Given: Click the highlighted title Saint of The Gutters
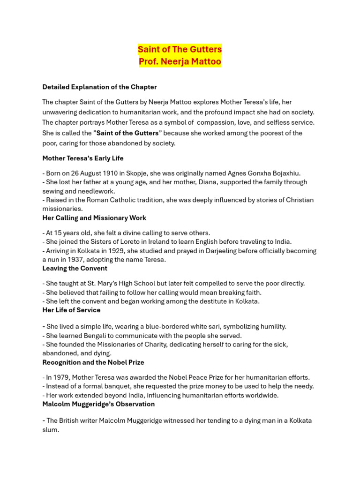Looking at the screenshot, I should coord(180,49).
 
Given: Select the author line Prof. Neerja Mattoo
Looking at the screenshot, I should coord(180,61).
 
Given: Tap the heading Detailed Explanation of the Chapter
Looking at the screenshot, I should coord(99,87).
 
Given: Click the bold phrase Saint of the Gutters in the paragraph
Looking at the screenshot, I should coord(127,133).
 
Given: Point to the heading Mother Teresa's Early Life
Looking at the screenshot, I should coord(83,158).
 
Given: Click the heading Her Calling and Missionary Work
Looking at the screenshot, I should coord(94,218).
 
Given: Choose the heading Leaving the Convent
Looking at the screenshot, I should coord(75,269).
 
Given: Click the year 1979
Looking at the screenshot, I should coord(61,377).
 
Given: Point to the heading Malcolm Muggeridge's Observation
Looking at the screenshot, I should coord(98,404).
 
